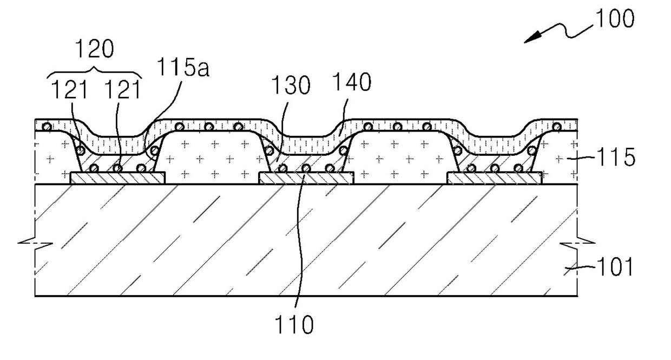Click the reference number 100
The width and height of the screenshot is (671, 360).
(615, 19)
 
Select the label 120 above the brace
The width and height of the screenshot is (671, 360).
(94, 49)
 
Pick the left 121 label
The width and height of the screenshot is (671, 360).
(69, 89)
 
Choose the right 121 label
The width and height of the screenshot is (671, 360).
(122, 89)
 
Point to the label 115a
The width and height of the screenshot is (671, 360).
(183, 67)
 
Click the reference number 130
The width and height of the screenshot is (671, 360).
(291, 85)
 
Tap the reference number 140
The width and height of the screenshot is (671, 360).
(352, 82)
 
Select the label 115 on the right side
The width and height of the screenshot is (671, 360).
(616, 157)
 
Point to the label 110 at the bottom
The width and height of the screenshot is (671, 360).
(294, 325)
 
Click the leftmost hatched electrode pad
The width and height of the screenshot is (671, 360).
(117, 178)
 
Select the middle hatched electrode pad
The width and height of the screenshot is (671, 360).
(306, 178)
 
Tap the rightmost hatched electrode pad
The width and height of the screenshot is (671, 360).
(494, 178)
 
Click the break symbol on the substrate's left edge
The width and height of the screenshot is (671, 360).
(35, 243)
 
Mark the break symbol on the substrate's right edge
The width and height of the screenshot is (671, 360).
(577, 244)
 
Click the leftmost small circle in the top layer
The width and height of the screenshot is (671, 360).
(47, 127)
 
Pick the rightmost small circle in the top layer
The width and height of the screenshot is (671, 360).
(557, 127)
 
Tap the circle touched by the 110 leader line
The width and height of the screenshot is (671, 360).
(306, 168)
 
